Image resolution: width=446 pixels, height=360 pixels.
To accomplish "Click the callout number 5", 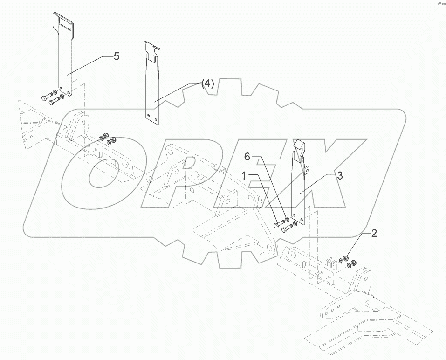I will (x=117, y=56).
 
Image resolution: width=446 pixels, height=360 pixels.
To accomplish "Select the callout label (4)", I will (x=207, y=84).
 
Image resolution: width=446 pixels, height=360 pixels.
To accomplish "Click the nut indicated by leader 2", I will (x=348, y=257).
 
